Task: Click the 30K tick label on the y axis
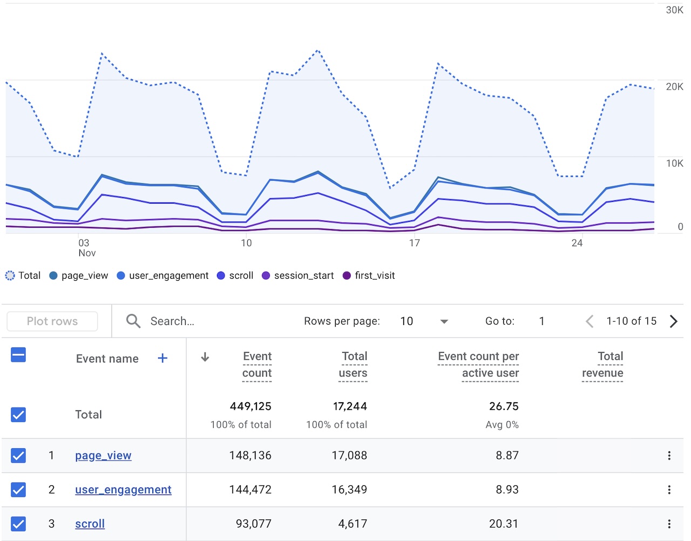[674, 10]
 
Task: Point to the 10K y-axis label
[674, 163]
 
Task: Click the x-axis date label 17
[414, 243]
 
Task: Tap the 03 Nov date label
[85, 248]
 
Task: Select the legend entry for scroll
[235, 275]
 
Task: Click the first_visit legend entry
[369, 275]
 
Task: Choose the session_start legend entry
[297, 275]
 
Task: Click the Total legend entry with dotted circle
[23, 275]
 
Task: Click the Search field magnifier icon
[133, 321]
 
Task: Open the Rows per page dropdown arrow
[444, 321]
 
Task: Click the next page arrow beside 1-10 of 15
[673, 321]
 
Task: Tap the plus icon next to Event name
[162, 359]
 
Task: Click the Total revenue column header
[602, 364]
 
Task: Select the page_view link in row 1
[103, 456]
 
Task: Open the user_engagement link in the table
[123, 490]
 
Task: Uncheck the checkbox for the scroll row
[18, 524]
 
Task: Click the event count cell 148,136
[250, 456]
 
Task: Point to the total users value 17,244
[350, 406]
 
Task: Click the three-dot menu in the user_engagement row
[669, 490]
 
